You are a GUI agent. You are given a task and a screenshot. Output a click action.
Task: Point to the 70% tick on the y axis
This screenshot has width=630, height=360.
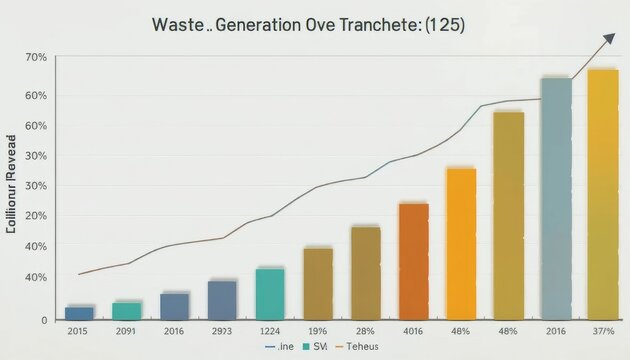[36, 57]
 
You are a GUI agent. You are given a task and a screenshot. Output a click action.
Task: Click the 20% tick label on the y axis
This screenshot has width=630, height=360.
[36, 215]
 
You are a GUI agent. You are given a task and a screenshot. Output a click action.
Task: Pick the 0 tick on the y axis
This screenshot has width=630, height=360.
[44, 320]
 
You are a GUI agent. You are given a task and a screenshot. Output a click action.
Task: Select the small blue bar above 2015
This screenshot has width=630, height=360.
[79, 312]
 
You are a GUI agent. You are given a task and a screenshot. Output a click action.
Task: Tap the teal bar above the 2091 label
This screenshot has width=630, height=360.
[126, 310]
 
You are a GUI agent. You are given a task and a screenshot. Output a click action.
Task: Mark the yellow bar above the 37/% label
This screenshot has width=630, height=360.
[602, 193]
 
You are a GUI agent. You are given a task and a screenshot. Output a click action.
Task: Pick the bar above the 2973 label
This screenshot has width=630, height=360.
[222, 299]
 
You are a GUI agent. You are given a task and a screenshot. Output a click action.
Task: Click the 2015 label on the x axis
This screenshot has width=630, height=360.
[79, 331]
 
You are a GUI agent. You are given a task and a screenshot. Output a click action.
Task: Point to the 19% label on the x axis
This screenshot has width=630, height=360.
[318, 331]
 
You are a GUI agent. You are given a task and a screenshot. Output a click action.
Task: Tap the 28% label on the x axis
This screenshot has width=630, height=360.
[366, 331]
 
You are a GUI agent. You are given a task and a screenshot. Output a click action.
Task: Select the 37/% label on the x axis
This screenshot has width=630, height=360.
[602, 331]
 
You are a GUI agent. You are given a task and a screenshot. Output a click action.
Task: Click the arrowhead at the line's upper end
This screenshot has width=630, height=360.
[607, 39]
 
